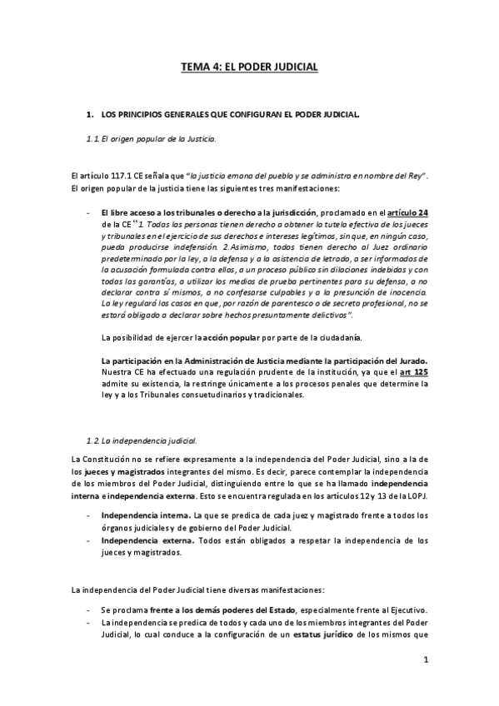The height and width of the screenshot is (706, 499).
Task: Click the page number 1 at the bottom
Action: coord(425,661)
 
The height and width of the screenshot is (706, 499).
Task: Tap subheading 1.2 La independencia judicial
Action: coord(142,439)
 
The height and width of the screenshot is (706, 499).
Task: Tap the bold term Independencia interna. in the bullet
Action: coord(140,515)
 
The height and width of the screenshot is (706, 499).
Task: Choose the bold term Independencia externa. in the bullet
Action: coord(141,540)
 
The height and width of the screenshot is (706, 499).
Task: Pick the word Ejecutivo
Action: coord(403,609)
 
